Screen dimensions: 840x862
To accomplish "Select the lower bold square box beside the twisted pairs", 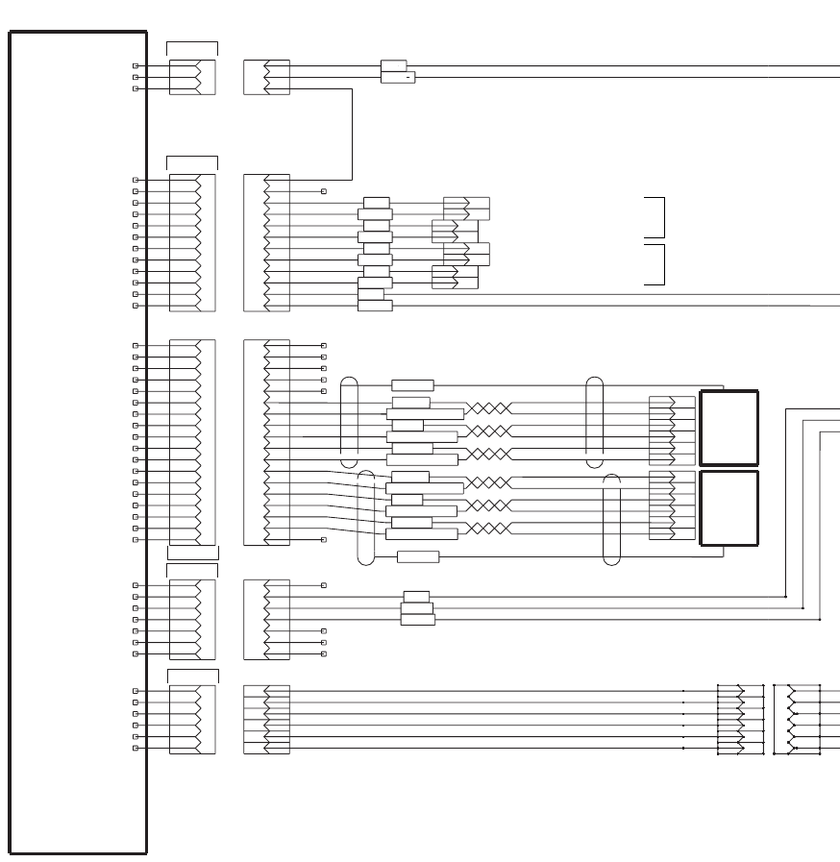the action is point(729,507).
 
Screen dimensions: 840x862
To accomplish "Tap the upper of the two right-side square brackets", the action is point(656,217).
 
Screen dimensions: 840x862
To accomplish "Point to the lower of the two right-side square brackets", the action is point(656,264).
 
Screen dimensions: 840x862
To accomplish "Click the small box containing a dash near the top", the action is point(398,77).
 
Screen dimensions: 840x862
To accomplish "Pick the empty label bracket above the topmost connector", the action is point(192,48).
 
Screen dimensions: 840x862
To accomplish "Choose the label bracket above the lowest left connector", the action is point(192,676).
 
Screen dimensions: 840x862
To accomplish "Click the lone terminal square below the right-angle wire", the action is point(324,191).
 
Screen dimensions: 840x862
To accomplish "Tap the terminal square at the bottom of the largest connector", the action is point(324,540).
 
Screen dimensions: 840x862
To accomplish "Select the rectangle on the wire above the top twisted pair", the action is point(412,385).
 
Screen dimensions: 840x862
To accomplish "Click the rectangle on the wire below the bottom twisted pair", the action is point(418,556).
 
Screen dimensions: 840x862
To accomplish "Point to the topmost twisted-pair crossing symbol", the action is point(488,408).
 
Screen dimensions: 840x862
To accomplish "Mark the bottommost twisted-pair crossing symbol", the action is point(488,529).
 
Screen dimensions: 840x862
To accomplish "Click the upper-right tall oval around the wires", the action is point(595,415).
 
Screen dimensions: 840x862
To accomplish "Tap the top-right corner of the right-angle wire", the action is point(352,89).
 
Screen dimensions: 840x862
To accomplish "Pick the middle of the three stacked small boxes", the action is point(417,607).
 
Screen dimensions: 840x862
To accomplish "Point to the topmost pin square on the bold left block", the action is point(136,66).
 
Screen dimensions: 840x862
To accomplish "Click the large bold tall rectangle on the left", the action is point(78,442).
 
